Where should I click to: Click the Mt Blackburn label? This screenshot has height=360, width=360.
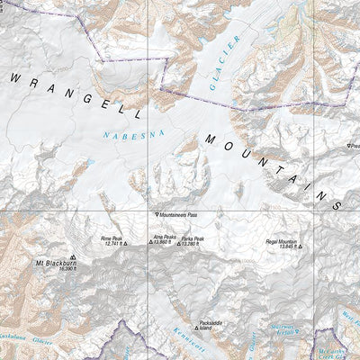tap(53, 263)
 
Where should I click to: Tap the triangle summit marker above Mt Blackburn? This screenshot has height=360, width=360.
tap(72, 256)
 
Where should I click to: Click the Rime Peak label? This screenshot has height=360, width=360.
tap(111, 238)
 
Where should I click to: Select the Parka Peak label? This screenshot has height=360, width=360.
tap(193, 238)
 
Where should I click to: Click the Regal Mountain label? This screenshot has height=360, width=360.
tap(280, 240)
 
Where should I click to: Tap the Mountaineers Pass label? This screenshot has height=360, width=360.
tap(179, 216)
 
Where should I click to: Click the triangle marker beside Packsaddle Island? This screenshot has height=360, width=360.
tap(198, 323)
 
